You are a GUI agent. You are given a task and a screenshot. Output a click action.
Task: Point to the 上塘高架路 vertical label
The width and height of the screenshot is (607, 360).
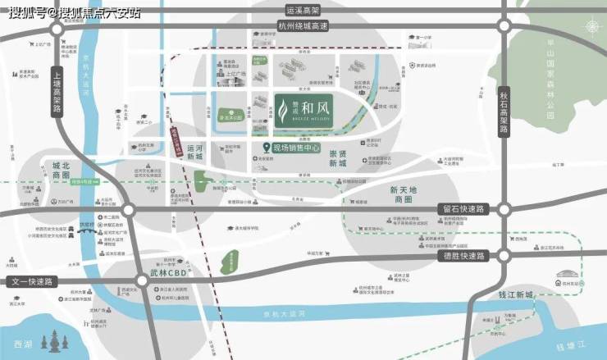[x=57, y=91]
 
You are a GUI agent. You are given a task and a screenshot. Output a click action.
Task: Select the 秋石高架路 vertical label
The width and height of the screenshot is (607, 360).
[x=504, y=112]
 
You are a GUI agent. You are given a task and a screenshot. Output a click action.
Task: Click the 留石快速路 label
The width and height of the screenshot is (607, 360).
[x=464, y=209]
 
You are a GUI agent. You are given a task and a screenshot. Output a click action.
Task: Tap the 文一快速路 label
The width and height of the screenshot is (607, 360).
[x=30, y=281]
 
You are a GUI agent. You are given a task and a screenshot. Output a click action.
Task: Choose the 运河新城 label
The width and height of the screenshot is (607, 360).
[x=194, y=153]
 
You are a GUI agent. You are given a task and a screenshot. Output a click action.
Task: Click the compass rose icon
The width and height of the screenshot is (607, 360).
[x=592, y=27]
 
